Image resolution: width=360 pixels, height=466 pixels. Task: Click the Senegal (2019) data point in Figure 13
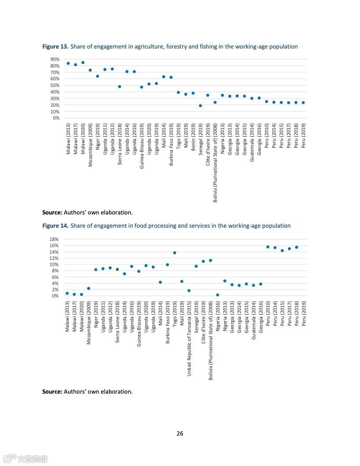pos(200,105)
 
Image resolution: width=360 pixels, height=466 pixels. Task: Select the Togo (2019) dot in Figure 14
pos(175,253)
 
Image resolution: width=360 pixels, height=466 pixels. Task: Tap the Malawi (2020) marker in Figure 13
pos(82,63)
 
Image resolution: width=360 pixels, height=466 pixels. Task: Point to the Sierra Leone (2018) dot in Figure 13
pos(120,86)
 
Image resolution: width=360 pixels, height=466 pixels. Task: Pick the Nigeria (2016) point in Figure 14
pos(217,295)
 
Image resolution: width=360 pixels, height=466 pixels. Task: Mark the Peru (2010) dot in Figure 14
pos(268,247)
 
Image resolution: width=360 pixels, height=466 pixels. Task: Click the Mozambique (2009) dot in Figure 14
pos(88,289)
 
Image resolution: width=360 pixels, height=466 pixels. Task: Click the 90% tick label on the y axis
pos(55,59)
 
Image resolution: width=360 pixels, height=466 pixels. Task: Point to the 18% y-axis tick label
pos(54,239)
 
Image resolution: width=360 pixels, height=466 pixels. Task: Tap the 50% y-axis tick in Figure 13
pos(55,85)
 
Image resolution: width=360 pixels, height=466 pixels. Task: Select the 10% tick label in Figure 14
pos(54,264)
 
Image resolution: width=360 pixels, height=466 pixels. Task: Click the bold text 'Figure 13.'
pos(55,46)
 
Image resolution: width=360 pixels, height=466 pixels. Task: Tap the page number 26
pos(180,433)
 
